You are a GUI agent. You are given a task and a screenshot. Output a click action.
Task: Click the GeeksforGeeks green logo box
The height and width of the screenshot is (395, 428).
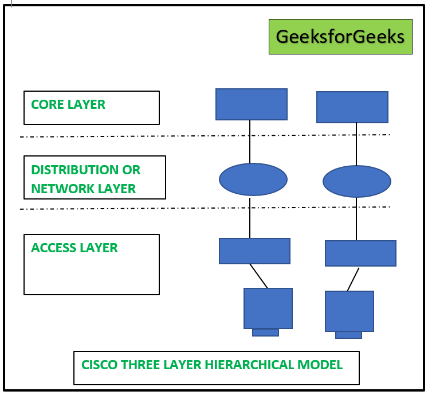pos(340,37)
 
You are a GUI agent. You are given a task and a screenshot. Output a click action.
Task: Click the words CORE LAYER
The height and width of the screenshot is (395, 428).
pos(68,104)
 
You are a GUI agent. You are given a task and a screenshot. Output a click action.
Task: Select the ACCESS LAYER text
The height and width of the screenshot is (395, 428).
pos(74,248)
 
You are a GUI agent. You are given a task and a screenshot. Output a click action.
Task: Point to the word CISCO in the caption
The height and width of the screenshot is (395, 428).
pos(98,365)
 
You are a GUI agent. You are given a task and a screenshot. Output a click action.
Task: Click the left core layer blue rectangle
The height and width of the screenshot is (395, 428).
pos(251,104)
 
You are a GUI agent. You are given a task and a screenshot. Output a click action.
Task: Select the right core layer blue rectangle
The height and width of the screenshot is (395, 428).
pos(352,107)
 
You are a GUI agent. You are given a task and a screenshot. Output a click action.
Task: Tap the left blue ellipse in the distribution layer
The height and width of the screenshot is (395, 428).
pos(253,179)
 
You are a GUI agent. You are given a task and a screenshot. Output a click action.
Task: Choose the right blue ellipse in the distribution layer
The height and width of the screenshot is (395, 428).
pos(356,182)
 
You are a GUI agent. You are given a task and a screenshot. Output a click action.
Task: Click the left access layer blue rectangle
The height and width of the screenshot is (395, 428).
pos(254,251)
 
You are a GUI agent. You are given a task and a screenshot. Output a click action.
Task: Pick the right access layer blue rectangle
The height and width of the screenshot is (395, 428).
pos(360,253)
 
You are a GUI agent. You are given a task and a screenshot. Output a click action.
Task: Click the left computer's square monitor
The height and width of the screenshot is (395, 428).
pos(268,308)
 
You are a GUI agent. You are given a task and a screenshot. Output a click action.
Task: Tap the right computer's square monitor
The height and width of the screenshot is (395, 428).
pos(349,311)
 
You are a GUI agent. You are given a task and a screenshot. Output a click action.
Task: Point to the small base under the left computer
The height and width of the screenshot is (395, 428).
pos(265,333)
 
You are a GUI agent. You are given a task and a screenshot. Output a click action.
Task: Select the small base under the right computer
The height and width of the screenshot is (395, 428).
pos(348,335)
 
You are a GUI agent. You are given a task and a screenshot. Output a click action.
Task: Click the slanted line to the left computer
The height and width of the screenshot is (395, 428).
pos(258,276)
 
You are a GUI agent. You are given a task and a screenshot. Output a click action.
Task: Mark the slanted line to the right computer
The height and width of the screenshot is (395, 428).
pos(353,279)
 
